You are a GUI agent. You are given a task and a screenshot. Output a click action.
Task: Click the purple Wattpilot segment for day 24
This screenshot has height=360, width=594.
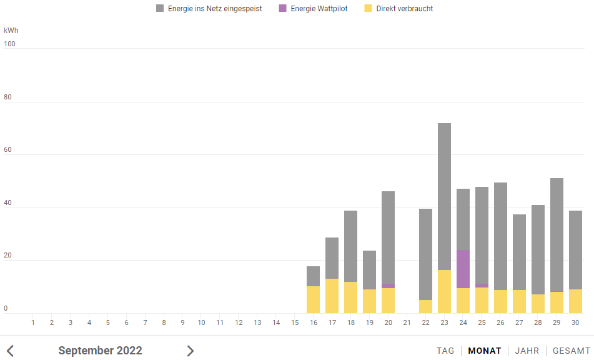(x=463, y=269)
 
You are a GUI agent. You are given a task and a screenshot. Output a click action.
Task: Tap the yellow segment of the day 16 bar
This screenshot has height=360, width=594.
(x=313, y=299)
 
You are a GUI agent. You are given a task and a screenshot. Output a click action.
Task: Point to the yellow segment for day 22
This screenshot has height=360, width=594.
(x=425, y=306)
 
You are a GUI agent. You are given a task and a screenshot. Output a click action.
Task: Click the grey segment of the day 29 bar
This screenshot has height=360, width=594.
(x=557, y=234)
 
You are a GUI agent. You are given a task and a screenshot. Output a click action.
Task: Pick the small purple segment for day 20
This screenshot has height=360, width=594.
(x=388, y=286)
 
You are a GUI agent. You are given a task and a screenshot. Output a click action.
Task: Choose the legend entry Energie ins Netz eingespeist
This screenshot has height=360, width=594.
(x=209, y=9)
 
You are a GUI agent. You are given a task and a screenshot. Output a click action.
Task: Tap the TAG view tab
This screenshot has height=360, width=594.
(x=445, y=351)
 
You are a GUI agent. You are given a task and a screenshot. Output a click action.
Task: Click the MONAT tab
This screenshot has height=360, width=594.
(x=485, y=351)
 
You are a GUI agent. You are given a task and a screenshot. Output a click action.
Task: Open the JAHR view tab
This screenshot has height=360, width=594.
(x=527, y=351)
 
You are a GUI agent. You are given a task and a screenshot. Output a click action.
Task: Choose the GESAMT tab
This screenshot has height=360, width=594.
(x=572, y=351)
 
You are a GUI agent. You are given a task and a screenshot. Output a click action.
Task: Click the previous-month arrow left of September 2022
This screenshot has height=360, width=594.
(x=11, y=351)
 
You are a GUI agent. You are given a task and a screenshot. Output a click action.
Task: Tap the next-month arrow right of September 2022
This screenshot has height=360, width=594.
(x=191, y=351)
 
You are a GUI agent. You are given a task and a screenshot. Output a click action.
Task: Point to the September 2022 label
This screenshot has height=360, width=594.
(x=100, y=351)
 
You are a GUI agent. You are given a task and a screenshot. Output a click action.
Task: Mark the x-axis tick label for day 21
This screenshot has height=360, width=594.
(x=407, y=322)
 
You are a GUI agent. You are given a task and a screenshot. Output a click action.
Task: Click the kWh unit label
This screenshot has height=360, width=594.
(x=11, y=30)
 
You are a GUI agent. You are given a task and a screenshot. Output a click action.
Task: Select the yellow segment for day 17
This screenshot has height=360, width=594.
(x=332, y=296)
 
